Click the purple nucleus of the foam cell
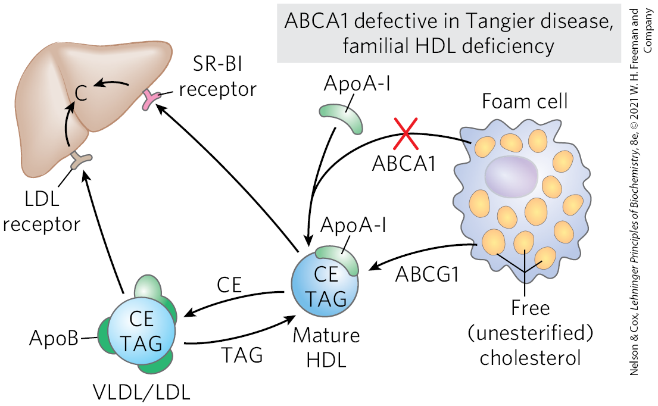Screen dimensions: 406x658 511,175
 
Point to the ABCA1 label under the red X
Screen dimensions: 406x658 404,163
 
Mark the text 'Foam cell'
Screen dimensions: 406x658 524,101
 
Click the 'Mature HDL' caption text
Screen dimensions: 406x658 326,348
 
